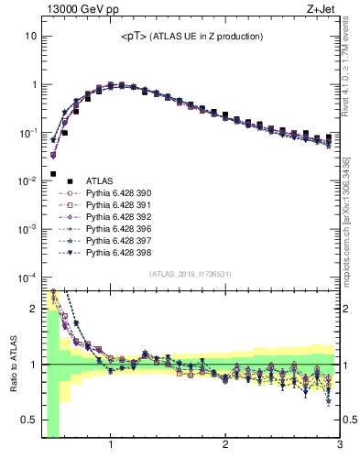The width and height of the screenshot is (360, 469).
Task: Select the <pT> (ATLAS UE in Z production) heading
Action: (x=191, y=37)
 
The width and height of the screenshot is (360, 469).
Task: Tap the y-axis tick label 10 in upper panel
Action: (x=30, y=36)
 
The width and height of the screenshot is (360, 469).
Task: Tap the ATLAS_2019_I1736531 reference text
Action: (x=191, y=275)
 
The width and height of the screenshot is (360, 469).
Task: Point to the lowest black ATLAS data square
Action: (x=53, y=173)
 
